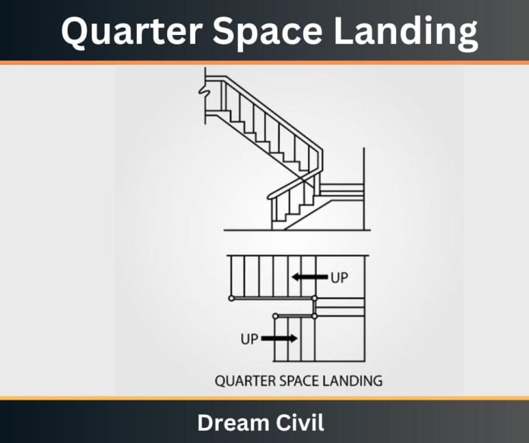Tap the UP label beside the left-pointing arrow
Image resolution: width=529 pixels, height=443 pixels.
[x=339, y=278]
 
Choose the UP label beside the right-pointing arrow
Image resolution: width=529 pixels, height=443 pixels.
[x=250, y=339]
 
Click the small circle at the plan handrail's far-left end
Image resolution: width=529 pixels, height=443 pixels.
[x=231, y=299]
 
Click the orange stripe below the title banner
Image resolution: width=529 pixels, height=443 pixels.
[x=264, y=63]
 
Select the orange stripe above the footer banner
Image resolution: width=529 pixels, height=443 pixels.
[x=264, y=398]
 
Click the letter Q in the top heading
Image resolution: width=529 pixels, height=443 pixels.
[x=74, y=32]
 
